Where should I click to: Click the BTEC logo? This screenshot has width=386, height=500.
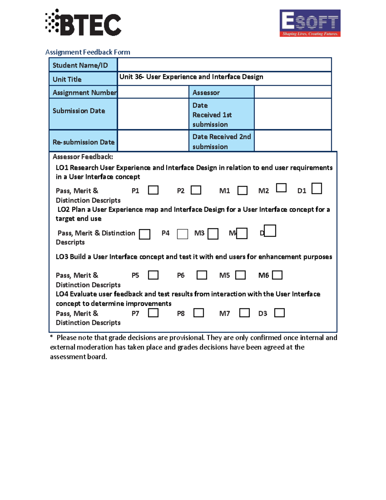click(83, 23)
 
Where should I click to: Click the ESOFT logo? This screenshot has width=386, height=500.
click(310, 23)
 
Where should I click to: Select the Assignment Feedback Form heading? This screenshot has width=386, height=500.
click(87, 52)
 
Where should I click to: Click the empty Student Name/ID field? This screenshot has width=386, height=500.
click(224, 65)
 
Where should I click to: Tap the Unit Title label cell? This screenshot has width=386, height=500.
click(83, 79)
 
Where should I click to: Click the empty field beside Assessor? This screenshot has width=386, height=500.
click(292, 92)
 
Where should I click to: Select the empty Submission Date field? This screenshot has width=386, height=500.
click(153, 114)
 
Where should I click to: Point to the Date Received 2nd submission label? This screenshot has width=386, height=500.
click(221, 141)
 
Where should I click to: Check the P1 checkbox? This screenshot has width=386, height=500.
click(153, 190)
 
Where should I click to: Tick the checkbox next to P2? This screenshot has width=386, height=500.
click(196, 190)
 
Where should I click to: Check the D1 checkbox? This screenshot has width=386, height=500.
click(317, 188)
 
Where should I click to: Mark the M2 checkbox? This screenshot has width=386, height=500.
click(281, 188)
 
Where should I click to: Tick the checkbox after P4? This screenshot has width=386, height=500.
click(182, 234)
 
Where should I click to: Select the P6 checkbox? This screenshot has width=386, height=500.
click(202, 275)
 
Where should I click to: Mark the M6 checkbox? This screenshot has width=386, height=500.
click(277, 275)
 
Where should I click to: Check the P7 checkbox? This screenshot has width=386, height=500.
click(153, 313)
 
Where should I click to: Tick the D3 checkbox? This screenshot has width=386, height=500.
click(279, 313)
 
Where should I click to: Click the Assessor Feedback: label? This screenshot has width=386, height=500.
click(83, 157)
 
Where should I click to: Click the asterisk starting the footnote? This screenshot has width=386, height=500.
click(51, 337)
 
